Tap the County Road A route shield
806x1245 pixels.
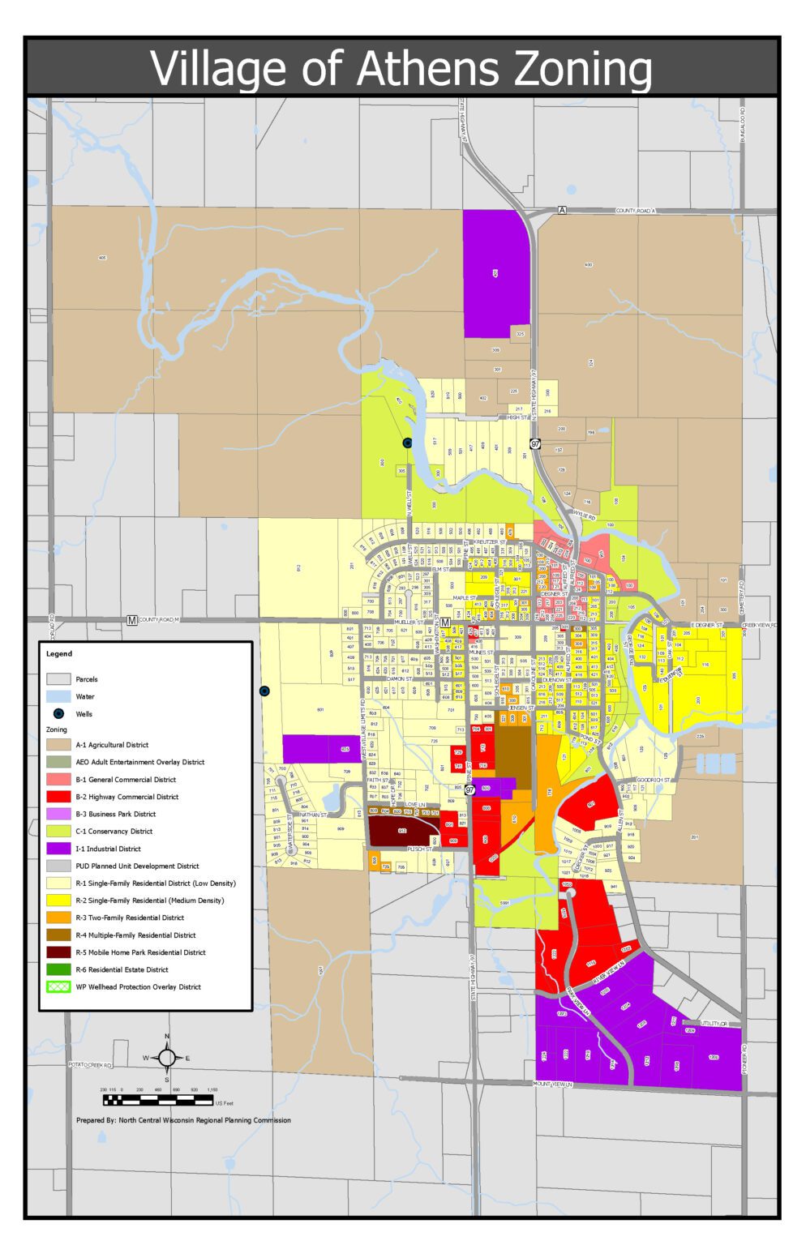pyautogui.click(x=562, y=211)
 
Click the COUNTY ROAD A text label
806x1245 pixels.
pyautogui.click(x=635, y=211)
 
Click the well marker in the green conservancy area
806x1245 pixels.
pyautogui.click(x=407, y=443)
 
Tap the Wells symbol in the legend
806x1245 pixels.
pyautogui.click(x=58, y=714)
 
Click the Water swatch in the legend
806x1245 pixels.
pyautogui.click(x=58, y=696)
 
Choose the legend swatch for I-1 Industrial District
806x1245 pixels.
pyautogui.click(x=58, y=849)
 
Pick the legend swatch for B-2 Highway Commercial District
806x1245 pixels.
pyautogui.click(x=58, y=797)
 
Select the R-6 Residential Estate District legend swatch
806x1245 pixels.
pyautogui.click(x=58, y=969)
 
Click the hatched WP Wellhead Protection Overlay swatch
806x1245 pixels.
pyautogui.click(x=58, y=986)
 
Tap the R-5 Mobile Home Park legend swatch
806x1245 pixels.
pyautogui.click(x=58, y=952)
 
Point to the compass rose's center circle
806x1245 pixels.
pyautogui.click(x=167, y=1058)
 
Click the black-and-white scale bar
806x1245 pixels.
pyautogui.click(x=157, y=1101)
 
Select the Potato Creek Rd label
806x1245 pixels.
pyautogui.click(x=89, y=1064)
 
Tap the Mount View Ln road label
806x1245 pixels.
pyautogui.click(x=553, y=1084)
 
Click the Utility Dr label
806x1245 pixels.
pyautogui.click(x=714, y=1024)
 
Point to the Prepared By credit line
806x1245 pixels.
pyautogui.click(x=183, y=1120)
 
